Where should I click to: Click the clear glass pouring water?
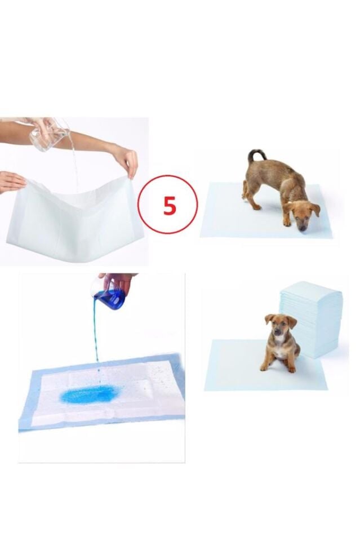[x=50, y=135]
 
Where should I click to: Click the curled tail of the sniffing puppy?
[x=256, y=154]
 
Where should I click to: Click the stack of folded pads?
[x=312, y=318]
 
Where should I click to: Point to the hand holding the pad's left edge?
[x=11, y=181]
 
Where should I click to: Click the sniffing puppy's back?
[x=273, y=172]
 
